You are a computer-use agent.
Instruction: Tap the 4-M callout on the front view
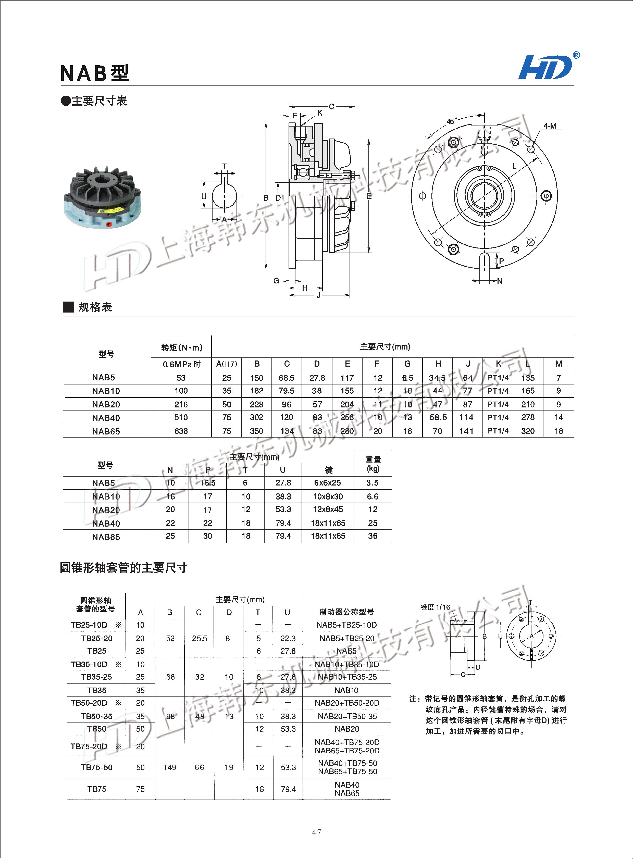click(550, 126)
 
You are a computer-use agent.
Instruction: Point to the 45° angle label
click(451, 121)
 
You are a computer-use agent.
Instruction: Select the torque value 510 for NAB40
click(181, 417)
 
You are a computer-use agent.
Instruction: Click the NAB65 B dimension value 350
click(256, 431)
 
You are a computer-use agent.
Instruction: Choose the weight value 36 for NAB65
click(373, 536)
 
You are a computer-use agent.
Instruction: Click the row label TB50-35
click(96, 716)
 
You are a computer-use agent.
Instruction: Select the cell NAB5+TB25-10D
click(346, 625)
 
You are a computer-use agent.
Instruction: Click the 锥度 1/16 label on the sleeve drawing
click(435, 607)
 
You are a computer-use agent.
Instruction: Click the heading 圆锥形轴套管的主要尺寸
click(123, 567)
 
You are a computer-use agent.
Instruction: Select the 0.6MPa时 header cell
click(181, 364)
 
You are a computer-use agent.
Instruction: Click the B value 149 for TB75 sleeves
click(170, 767)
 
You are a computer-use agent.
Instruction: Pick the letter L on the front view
click(514, 166)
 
